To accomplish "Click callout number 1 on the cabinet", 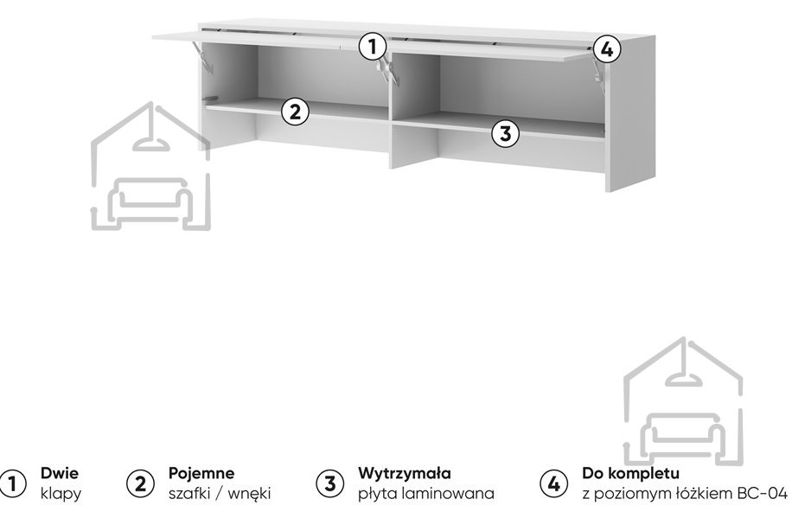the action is (373, 47).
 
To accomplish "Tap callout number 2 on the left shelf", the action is (295, 112).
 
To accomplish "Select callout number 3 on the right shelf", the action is (506, 133).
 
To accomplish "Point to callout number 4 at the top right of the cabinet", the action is (607, 49).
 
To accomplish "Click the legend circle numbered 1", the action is (12, 483).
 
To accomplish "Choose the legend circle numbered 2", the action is (140, 483).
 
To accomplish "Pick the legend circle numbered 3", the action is (329, 483).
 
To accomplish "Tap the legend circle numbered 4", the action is (553, 483).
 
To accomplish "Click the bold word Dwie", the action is (60, 473).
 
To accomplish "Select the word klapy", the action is (61, 493).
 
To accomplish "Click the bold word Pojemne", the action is (201, 474).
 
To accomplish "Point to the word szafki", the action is (189, 493).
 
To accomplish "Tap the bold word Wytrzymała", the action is (405, 474).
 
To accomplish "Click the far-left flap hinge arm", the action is (201, 55).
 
